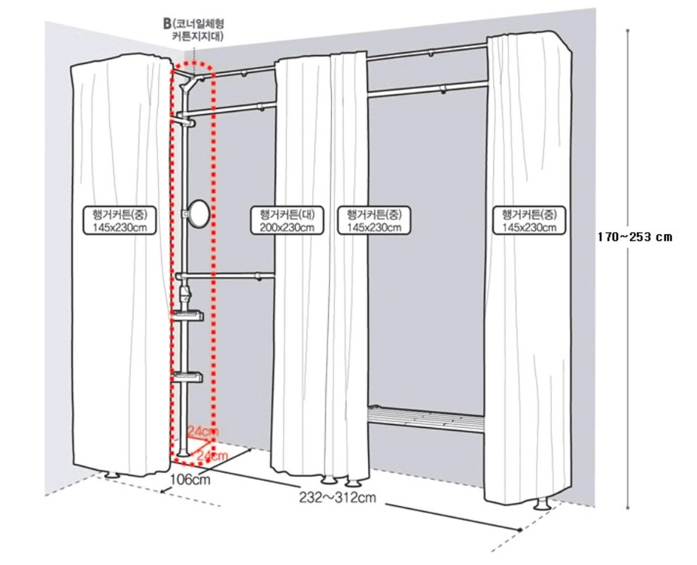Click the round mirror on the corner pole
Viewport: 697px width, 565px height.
click(x=197, y=214)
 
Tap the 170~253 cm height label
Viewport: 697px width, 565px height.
click(x=635, y=237)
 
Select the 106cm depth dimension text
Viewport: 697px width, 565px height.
click(x=190, y=479)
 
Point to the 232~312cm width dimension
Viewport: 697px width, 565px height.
click(x=337, y=497)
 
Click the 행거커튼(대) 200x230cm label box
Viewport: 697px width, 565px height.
click(x=288, y=220)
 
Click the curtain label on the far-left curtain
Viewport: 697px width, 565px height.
click(x=120, y=220)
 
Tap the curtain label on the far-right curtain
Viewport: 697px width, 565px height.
click(x=529, y=220)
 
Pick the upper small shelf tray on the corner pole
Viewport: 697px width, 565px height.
click(x=188, y=315)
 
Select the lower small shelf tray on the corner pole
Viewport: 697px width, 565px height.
click(x=188, y=377)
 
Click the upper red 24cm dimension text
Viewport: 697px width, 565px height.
click(x=203, y=431)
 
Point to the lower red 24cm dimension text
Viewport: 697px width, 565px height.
click(x=212, y=456)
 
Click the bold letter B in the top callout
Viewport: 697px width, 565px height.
click(x=167, y=24)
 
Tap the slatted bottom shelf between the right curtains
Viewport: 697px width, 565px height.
click(x=425, y=418)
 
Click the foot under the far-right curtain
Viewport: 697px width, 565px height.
click(x=542, y=505)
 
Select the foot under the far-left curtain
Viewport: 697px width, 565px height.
click(x=111, y=475)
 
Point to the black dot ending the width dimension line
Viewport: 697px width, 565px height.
click(x=520, y=530)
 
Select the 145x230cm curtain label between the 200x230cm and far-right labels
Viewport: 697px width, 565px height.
click(x=374, y=220)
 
